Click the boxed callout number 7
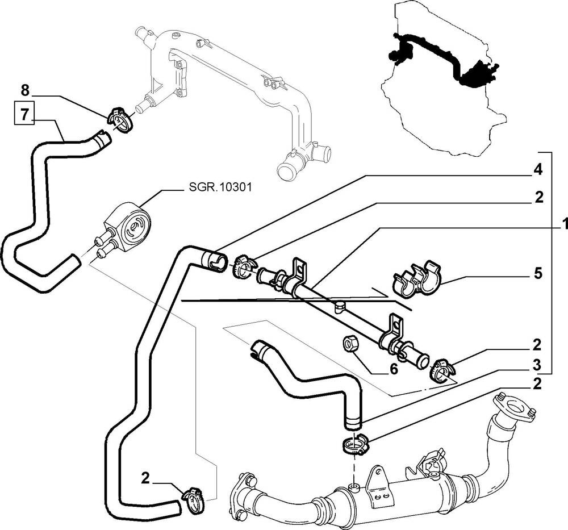24,114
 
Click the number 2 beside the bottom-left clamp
146,478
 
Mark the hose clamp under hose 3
355,445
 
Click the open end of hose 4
211,260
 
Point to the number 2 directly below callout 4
538,197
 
